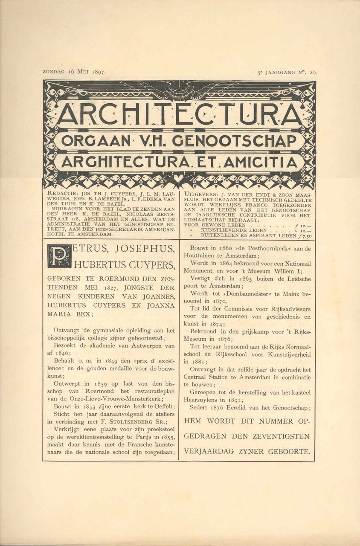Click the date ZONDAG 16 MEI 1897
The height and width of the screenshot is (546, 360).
(75, 72)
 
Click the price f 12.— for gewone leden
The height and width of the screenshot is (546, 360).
(304, 225)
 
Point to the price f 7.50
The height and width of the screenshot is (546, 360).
(305, 235)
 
